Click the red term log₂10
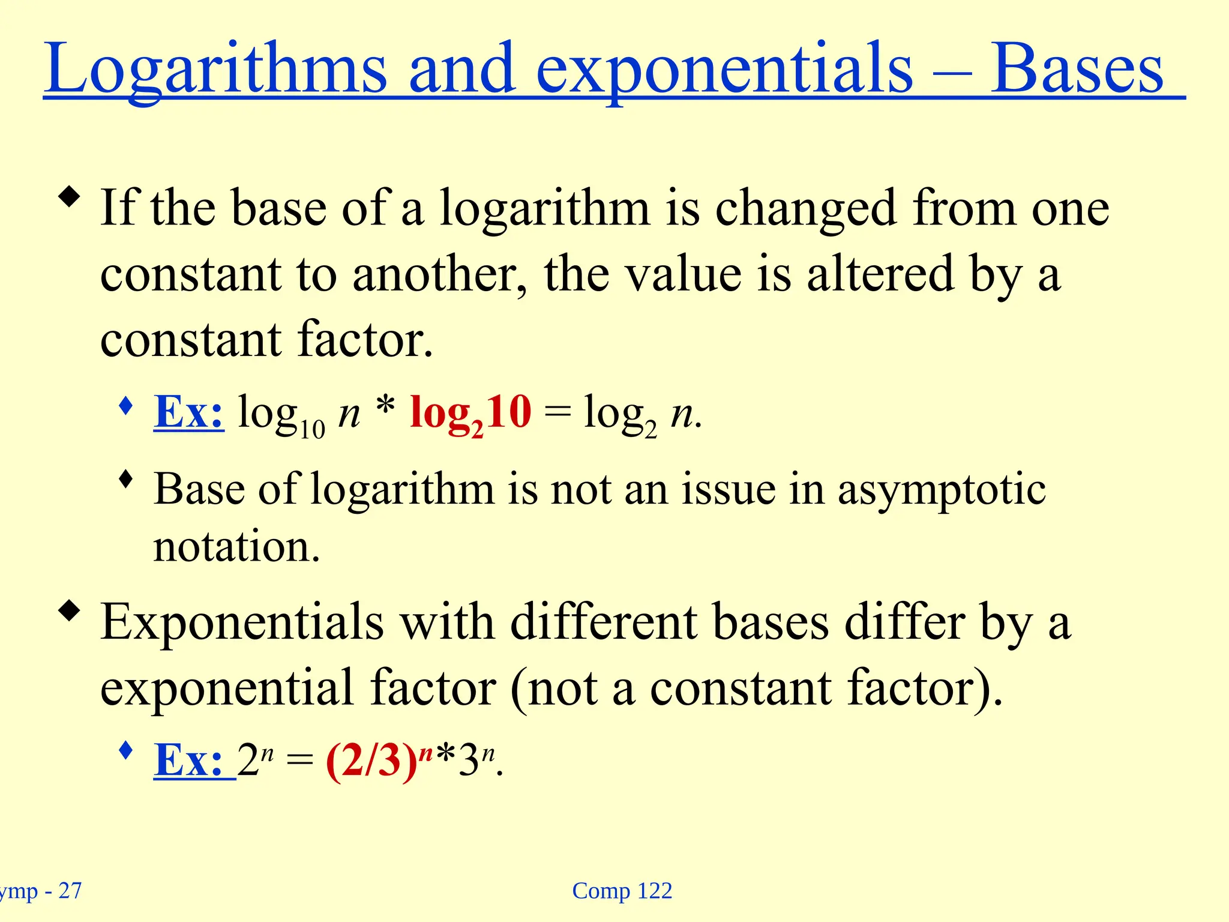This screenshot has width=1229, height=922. pos(470,413)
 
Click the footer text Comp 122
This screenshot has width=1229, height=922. pos(622,891)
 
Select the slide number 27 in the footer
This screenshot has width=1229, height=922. pos(70,891)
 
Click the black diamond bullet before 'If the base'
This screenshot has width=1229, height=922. pos(70,197)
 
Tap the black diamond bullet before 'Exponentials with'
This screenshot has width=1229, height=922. pos(70,611)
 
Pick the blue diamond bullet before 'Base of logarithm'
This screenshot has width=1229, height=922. pos(125,479)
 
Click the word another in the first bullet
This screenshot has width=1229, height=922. pos(440,274)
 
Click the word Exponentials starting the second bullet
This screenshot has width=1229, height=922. pos(242,622)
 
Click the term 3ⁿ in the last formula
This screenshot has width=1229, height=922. pos(476,760)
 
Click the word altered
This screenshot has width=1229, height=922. pos(880,274)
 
